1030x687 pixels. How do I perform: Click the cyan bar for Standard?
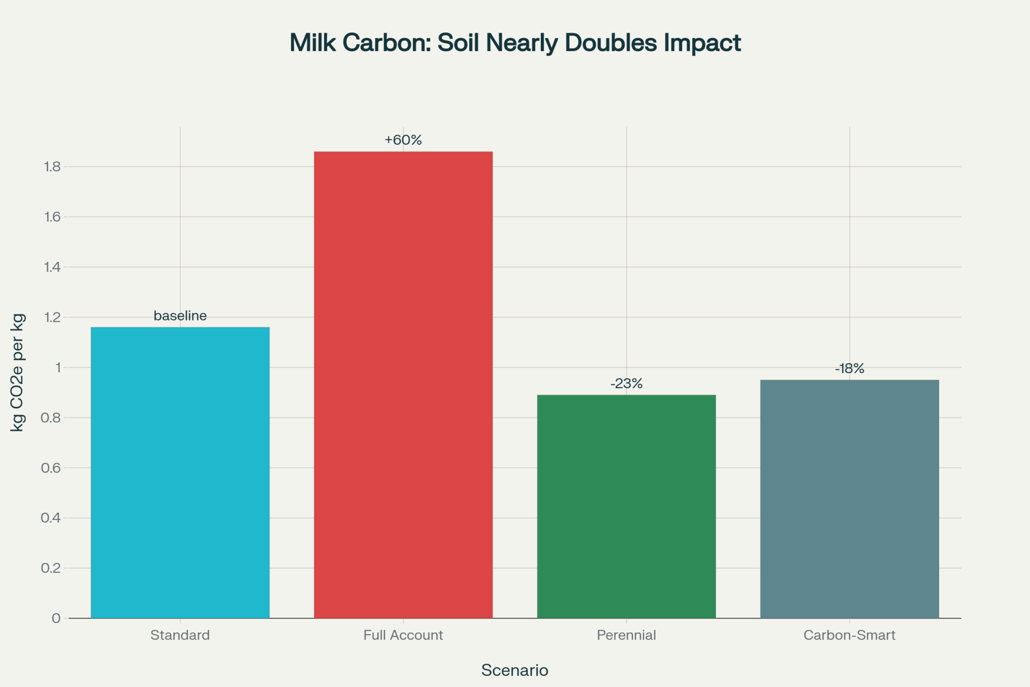[x=180, y=472]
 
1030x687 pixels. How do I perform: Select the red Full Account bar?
[x=403, y=384]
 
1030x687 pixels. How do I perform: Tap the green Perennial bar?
[x=626, y=506]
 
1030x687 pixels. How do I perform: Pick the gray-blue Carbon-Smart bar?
[x=849, y=498]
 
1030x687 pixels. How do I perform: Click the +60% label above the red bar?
[x=403, y=140]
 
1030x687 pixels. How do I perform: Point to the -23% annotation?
[x=626, y=383]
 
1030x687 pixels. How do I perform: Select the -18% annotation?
[x=849, y=368]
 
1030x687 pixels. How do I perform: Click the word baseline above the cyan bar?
[x=180, y=315]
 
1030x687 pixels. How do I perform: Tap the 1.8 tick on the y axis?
[x=53, y=166]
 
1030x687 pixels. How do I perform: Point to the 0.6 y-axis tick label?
[x=51, y=467]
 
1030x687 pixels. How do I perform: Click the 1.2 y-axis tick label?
[x=53, y=317]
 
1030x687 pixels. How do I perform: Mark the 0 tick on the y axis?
[x=56, y=618]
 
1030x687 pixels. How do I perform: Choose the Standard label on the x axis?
[x=180, y=635]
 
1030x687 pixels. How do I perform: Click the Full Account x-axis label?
[x=403, y=635]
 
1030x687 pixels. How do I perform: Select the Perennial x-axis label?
[x=626, y=635]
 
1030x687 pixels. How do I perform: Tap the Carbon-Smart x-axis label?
[x=849, y=635]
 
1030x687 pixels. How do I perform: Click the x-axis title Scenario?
[x=514, y=670]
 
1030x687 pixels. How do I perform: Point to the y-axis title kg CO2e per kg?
[x=18, y=372]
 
